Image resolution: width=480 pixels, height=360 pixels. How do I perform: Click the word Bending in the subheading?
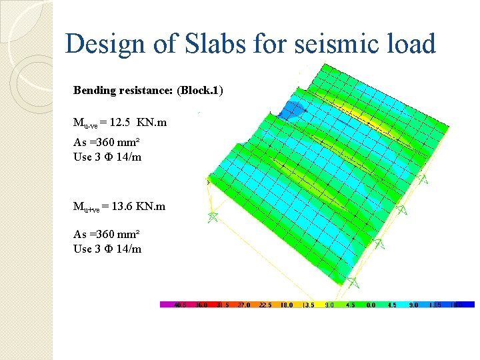(x=94, y=90)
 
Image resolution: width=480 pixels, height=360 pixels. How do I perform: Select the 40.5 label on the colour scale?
(x=179, y=305)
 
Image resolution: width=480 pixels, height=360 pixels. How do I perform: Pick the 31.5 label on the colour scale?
(x=222, y=305)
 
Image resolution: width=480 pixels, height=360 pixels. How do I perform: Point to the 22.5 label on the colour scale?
(x=265, y=305)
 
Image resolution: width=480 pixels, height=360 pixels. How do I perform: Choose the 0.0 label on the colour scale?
(x=371, y=305)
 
